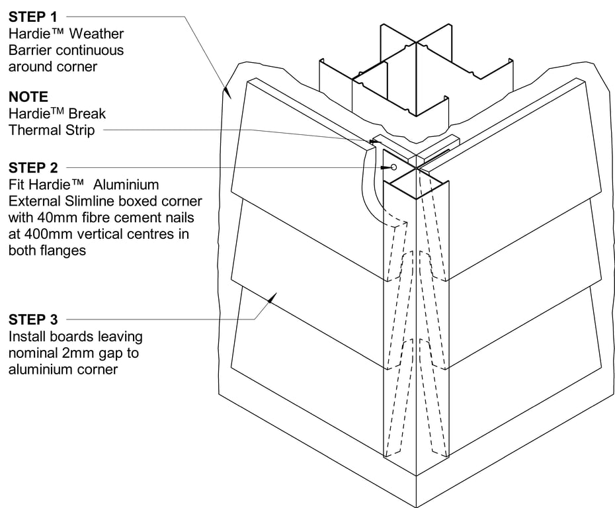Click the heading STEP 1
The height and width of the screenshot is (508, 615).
tap(33, 17)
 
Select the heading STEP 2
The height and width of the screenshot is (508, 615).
tap(33, 167)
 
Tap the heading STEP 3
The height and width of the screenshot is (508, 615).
tap(33, 320)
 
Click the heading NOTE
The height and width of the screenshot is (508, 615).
tap(28, 97)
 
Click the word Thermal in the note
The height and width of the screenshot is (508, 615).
tap(33, 130)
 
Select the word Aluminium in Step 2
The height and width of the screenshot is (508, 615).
tap(128, 185)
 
